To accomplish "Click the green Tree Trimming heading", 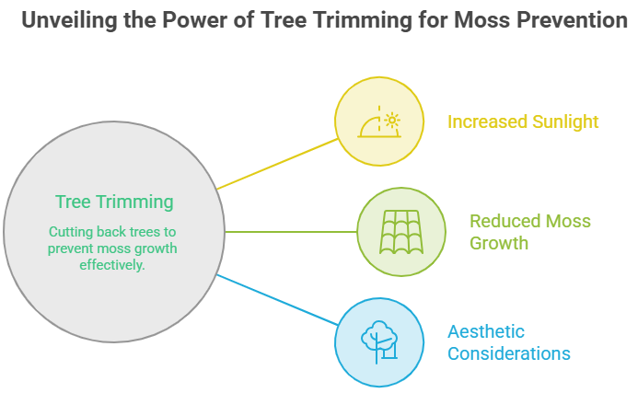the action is point(114,202).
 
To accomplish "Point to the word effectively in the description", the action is point(112,265).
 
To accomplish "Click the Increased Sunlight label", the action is point(523,121).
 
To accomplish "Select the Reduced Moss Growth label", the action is point(529,232).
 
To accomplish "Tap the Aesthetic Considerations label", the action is point(508,342).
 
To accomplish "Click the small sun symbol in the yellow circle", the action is point(392,121).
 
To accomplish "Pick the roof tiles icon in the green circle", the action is point(401,232).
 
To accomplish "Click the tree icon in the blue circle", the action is point(378,342).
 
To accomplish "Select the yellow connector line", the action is point(277,164).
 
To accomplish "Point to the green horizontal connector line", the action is point(291,232).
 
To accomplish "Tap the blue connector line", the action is point(277,300).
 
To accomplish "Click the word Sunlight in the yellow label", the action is point(565,121).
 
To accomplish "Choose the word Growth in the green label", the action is point(499,243).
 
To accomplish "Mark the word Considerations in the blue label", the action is point(508,353).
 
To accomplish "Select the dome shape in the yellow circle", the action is point(368,127).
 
